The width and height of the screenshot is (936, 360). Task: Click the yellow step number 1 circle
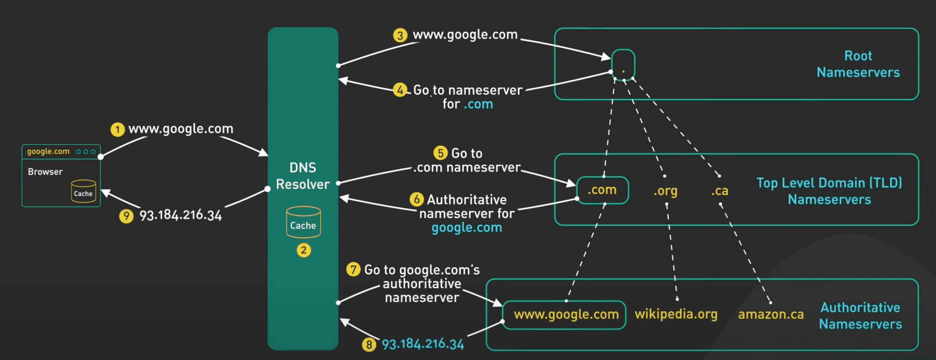[x=118, y=129]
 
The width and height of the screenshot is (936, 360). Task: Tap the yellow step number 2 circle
[x=303, y=250]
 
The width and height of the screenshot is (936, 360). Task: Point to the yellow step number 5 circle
[x=440, y=153]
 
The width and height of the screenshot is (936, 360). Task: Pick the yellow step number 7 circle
[x=353, y=269]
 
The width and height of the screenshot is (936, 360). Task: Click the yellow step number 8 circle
[x=369, y=344]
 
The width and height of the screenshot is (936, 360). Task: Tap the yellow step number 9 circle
[x=126, y=216]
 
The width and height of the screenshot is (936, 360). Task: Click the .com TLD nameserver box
[x=602, y=190]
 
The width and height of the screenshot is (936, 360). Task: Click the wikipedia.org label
[x=676, y=314]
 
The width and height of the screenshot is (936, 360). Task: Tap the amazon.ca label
[x=771, y=314]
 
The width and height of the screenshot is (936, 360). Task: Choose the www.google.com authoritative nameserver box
[x=564, y=315]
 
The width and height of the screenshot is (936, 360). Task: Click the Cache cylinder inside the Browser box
[x=83, y=191]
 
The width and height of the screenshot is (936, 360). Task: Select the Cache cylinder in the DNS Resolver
[x=303, y=222]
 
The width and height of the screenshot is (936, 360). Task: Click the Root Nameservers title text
[x=858, y=64]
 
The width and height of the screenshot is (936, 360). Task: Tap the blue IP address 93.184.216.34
[x=423, y=344]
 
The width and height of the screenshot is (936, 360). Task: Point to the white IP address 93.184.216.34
[x=181, y=215]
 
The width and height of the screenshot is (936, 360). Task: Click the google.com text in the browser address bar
[x=48, y=151]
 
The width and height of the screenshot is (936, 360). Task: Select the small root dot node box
[x=623, y=65]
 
